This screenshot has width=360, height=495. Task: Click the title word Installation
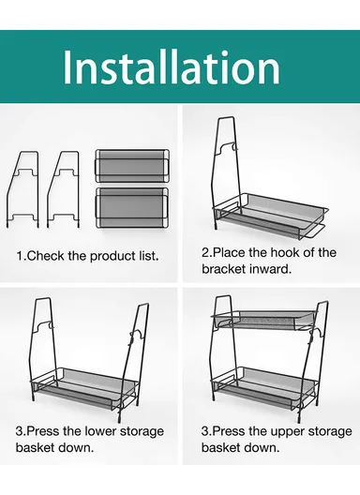tap(172, 67)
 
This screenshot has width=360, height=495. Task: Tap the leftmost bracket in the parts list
tap(22, 189)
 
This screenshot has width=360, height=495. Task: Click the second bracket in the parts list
tap(63, 189)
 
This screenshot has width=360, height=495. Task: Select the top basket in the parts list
tap(132, 166)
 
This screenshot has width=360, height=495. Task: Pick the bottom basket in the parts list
tap(132, 208)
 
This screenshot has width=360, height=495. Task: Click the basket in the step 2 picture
tap(271, 216)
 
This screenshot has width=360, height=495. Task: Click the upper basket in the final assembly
tap(264, 320)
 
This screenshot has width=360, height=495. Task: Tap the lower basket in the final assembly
tap(265, 387)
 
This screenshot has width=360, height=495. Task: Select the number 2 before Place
tap(205, 252)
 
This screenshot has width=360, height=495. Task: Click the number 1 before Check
tap(20, 256)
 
